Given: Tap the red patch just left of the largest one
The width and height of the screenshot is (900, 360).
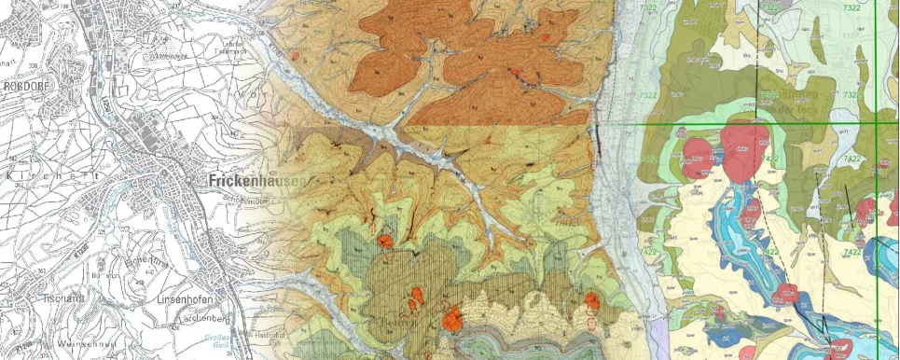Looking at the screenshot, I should tap(699, 153).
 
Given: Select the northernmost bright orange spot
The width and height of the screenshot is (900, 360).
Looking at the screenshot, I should tap(384, 242).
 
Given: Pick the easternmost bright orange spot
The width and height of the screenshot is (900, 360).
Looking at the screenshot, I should tap(591, 299).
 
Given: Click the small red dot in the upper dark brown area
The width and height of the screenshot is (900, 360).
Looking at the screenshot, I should tap(544, 38).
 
